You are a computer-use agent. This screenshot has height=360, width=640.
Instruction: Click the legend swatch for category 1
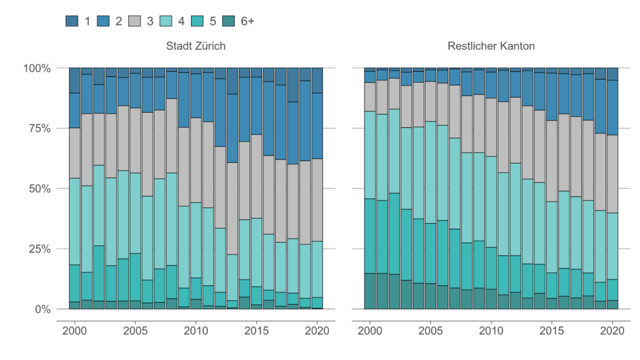pos(72,21)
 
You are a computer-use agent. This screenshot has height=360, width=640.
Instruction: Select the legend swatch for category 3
pos(134,21)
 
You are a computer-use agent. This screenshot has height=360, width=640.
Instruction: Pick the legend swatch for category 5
pos(198,21)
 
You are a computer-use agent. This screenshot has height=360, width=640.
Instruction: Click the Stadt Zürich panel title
pos(196,46)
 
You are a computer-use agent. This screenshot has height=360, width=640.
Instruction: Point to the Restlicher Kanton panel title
pos(491,46)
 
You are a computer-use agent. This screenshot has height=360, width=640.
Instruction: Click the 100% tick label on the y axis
pos(37,68)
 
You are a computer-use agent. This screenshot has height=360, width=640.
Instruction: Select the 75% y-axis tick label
pos(39,128)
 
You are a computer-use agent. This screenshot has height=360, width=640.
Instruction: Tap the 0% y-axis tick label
pos(42,309)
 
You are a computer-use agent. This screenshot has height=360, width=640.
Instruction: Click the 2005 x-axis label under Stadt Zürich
pos(135,331)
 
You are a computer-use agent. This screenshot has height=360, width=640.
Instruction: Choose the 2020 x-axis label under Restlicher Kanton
pos(612,331)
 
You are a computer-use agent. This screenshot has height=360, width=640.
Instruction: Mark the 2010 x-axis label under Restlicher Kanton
pos(491,331)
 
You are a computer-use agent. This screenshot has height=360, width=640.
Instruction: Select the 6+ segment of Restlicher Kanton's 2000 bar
pos(370,291)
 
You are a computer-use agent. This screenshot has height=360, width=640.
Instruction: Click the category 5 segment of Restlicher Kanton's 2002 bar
pos(394,233)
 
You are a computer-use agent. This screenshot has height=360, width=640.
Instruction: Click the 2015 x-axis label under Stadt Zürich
pos(256,331)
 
